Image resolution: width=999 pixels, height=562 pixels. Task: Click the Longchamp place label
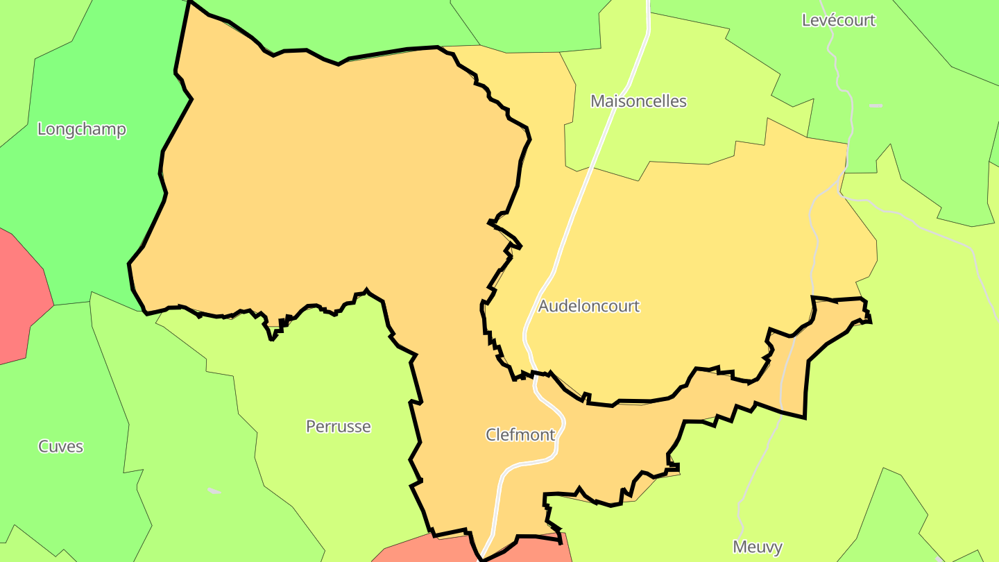tap(81, 129)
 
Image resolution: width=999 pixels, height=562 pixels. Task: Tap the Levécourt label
tap(838, 20)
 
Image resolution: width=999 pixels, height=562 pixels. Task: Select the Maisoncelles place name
tap(638, 101)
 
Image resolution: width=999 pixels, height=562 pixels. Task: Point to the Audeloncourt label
tap(588, 306)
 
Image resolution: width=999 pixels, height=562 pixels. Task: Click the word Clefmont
tap(520, 435)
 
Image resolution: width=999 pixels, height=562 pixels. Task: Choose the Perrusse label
tap(339, 426)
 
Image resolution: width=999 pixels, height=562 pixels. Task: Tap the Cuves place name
tap(60, 446)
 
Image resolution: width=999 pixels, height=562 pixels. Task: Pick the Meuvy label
tap(758, 547)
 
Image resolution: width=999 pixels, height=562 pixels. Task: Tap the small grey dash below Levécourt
tap(876, 106)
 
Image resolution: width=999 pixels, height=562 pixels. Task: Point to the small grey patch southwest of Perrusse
tap(214, 491)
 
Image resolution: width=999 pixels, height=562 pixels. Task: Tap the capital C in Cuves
tap(43, 446)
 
